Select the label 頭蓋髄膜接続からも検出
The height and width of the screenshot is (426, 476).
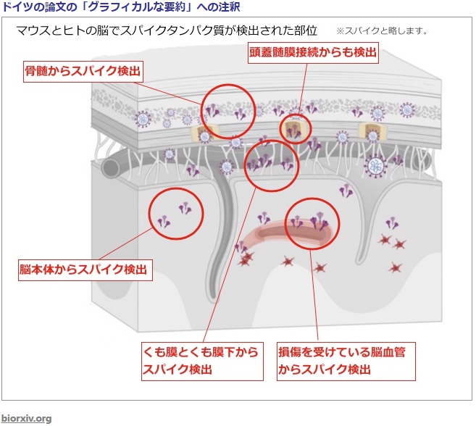313,53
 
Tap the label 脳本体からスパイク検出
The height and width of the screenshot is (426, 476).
85,270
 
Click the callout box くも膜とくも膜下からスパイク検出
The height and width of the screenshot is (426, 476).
200,361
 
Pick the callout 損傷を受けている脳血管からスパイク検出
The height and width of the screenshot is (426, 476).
346,361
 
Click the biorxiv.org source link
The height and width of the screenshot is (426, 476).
26,418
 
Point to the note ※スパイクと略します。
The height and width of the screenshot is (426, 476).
382,31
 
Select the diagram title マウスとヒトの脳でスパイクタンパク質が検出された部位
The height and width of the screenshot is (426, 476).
167,31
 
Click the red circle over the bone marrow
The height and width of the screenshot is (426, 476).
227,110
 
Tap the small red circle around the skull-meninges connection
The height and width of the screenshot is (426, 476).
295,129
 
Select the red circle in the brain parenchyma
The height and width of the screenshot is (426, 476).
176,212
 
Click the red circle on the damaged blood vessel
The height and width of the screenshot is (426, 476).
314,222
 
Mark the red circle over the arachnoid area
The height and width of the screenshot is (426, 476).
271,165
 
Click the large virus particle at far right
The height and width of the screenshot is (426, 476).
375,166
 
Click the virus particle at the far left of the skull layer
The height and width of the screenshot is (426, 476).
143,120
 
